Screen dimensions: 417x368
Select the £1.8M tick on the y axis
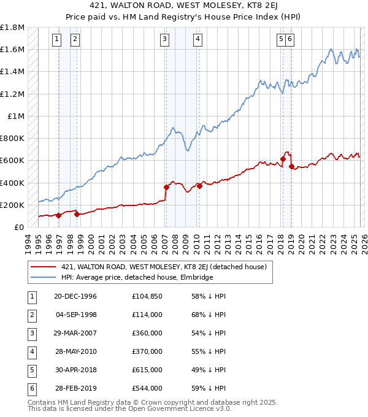click(13, 28)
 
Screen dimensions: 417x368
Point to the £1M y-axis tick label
click(17, 116)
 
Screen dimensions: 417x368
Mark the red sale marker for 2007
click(166, 187)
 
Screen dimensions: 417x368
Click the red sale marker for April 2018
click(283, 159)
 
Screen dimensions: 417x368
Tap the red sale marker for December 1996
click(59, 215)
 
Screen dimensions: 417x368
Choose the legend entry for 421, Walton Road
click(163, 267)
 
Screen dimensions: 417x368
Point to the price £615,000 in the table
click(147, 370)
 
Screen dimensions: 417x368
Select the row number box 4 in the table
click(31, 352)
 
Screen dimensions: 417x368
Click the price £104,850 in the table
click(147, 297)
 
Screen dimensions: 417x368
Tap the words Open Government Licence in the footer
click(183, 408)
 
